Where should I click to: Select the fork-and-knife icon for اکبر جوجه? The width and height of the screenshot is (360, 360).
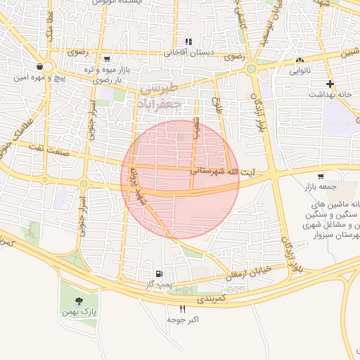tap(183, 309)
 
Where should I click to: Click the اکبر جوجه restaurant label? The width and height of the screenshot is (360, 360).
tap(184, 319)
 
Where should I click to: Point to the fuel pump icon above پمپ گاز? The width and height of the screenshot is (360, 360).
tap(160, 274)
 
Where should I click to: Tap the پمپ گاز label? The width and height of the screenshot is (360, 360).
tap(160, 284)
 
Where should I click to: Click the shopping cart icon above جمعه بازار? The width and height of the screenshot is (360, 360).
tap(321, 176)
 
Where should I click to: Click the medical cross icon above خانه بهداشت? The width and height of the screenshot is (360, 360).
tap(330, 84)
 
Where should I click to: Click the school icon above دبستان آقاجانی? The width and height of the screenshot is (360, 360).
tap(188, 41)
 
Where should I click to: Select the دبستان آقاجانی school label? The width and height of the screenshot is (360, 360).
tap(188, 52)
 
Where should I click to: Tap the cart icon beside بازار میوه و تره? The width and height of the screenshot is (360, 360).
tap(106, 59)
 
